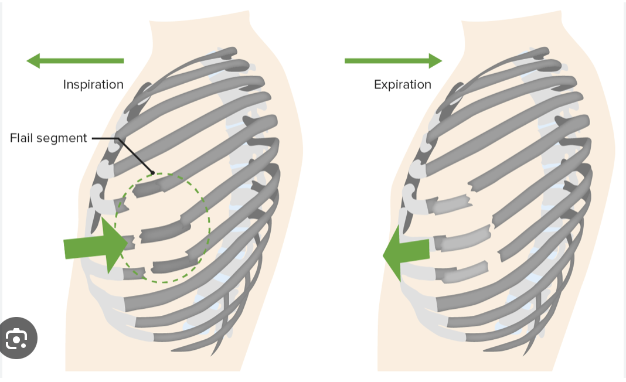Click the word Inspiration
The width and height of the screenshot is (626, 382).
(93, 84)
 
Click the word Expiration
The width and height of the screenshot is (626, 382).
(402, 84)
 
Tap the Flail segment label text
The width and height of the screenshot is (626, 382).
(48, 138)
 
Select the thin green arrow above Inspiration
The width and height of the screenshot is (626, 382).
(75, 60)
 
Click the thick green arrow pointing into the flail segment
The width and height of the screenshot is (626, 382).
(94, 245)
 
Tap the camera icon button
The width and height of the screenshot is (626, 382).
(18, 338)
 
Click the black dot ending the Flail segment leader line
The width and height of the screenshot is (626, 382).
(152, 173)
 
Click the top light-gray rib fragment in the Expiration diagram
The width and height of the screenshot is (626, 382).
(452, 204)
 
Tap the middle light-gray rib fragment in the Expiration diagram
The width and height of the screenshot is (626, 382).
(466, 237)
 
